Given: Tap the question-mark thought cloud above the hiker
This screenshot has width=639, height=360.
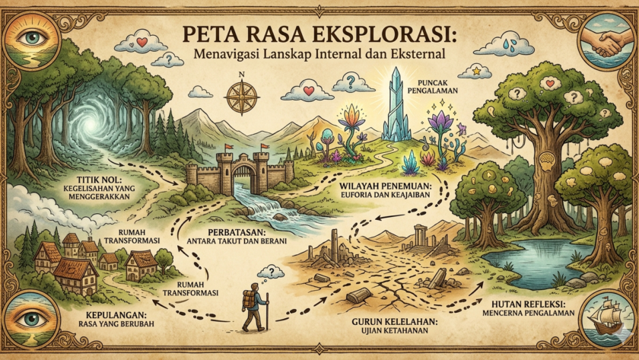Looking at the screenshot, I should [270, 271].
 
